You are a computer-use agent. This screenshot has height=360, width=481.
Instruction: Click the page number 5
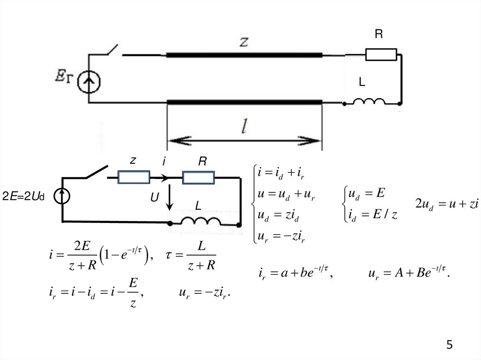tap(450, 345)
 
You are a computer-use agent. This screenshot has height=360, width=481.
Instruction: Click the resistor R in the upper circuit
tap(381, 54)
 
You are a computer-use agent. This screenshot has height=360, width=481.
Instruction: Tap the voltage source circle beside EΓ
tap(89, 82)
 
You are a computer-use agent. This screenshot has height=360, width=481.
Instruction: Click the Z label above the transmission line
tap(244, 42)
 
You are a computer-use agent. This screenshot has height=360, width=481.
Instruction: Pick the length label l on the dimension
tap(244, 126)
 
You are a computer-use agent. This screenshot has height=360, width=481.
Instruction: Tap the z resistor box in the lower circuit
tap(134, 177)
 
